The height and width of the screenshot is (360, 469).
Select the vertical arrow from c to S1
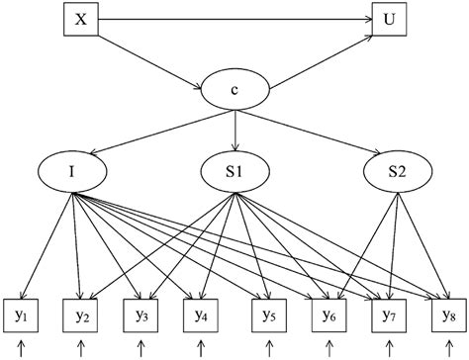[x=234, y=132]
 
